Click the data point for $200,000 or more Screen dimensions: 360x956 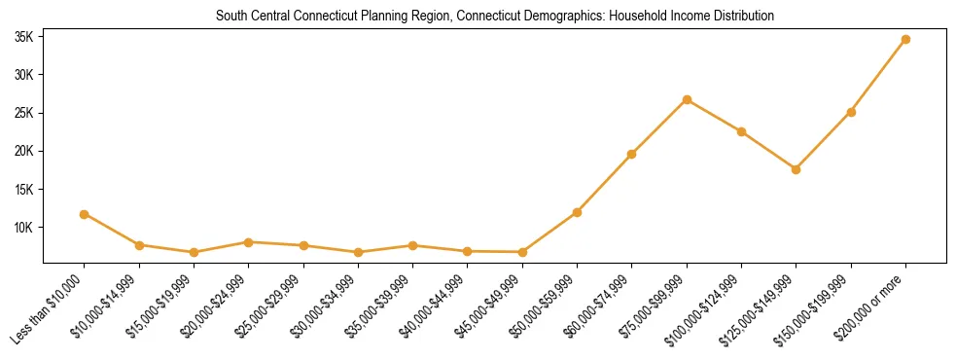click(905, 40)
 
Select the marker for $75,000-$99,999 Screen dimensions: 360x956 click(687, 99)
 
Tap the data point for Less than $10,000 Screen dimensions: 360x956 click(85, 214)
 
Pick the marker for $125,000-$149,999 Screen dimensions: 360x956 click(796, 169)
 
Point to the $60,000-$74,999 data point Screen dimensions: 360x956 click(632, 154)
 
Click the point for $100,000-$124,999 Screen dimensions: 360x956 click(741, 131)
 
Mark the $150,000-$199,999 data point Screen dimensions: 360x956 click(851, 112)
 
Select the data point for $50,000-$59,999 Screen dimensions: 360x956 click(577, 212)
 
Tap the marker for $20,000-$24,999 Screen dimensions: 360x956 click(249, 242)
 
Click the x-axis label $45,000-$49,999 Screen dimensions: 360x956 click(492, 305)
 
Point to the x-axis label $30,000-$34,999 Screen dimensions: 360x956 click(328, 305)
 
